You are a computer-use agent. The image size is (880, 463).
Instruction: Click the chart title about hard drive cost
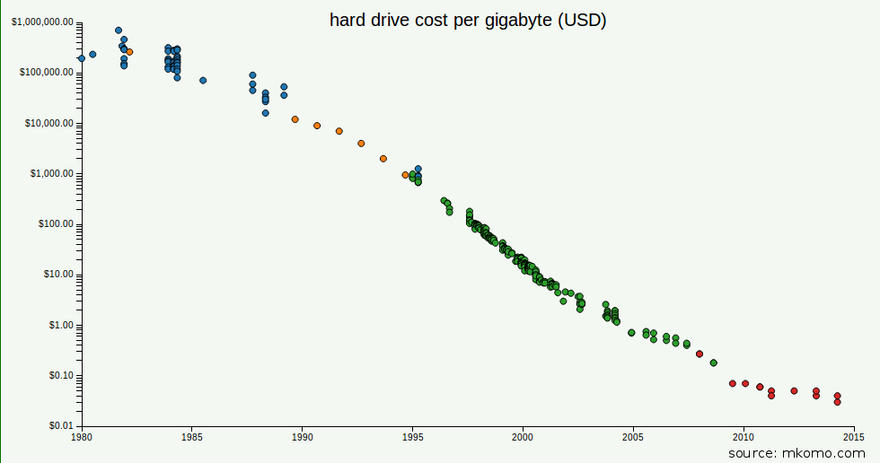click(x=468, y=20)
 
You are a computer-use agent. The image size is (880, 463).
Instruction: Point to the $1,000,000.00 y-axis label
click(x=42, y=22)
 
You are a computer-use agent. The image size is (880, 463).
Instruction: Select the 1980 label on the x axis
click(x=82, y=438)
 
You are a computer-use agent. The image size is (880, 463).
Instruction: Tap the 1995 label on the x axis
click(x=412, y=438)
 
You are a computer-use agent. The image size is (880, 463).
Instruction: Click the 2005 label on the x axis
click(x=633, y=438)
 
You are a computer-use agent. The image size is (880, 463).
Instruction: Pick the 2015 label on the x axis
click(x=853, y=438)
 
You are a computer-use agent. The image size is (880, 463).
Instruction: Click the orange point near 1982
click(x=129, y=52)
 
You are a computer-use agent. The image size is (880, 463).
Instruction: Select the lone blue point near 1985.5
click(x=203, y=80)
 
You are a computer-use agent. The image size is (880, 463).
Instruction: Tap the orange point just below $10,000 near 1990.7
click(x=317, y=126)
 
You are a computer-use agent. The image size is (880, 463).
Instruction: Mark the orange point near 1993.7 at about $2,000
click(x=383, y=159)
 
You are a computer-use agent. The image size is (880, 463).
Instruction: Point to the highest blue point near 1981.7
click(x=119, y=31)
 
